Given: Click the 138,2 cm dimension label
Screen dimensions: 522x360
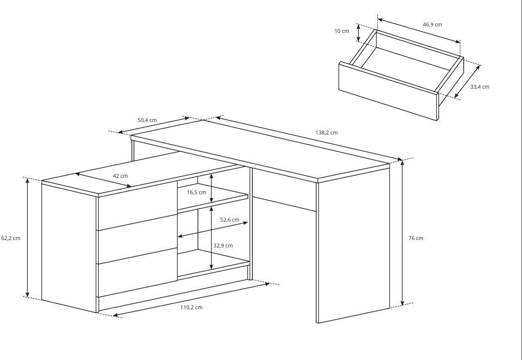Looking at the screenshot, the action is pyautogui.click(x=326, y=132).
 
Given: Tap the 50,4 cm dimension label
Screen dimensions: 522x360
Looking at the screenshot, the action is pyautogui.click(x=147, y=120).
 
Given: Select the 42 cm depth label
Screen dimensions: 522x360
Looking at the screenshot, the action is pyautogui.click(x=120, y=176).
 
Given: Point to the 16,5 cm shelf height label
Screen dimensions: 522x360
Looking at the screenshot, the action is pyautogui.click(x=197, y=193).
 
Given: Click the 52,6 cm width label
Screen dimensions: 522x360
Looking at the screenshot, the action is pyautogui.click(x=230, y=220).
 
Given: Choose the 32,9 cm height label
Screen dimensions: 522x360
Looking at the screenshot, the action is pyautogui.click(x=223, y=246).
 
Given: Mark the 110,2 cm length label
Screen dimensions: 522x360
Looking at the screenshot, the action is pyautogui.click(x=192, y=307).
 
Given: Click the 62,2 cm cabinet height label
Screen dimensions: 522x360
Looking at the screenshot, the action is pyautogui.click(x=11, y=238).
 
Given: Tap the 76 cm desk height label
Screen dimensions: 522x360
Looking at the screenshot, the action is pyautogui.click(x=416, y=238).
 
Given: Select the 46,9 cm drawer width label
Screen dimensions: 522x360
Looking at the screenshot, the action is pyautogui.click(x=432, y=24).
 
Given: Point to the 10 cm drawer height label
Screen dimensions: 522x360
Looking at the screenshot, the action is pyautogui.click(x=342, y=31).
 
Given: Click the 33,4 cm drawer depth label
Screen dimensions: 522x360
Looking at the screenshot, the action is pyautogui.click(x=480, y=87).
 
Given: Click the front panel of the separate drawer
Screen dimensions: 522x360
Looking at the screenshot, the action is pyautogui.click(x=389, y=91).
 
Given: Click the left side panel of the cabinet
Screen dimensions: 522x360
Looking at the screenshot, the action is pyautogui.click(x=69, y=248).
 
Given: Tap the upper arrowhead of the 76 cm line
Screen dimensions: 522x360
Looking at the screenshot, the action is pyautogui.click(x=403, y=163).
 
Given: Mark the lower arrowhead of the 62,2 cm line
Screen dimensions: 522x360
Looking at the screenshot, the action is pyautogui.click(x=28, y=294).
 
